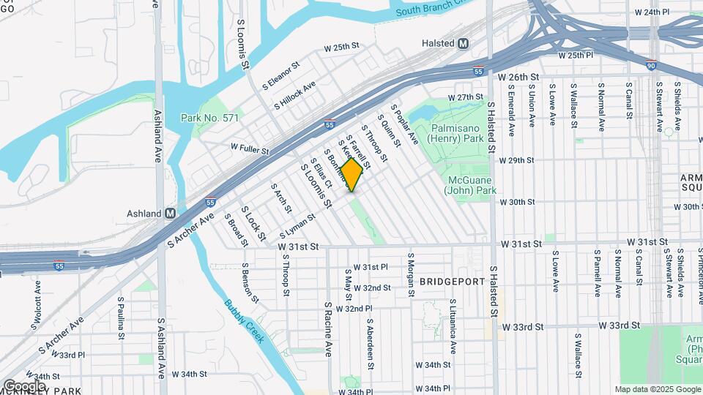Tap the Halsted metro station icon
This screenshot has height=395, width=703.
(x=463, y=44)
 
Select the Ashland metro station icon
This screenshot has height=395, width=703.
(x=170, y=214)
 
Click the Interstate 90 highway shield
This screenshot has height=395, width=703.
(x=652, y=66)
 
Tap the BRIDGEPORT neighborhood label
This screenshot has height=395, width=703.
(x=453, y=282)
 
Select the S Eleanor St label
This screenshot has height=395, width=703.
(x=281, y=75)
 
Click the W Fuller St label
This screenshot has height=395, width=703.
(x=250, y=149)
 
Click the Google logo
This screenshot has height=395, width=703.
(x=24, y=385)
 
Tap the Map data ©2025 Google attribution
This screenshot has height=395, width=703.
(x=657, y=389)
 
